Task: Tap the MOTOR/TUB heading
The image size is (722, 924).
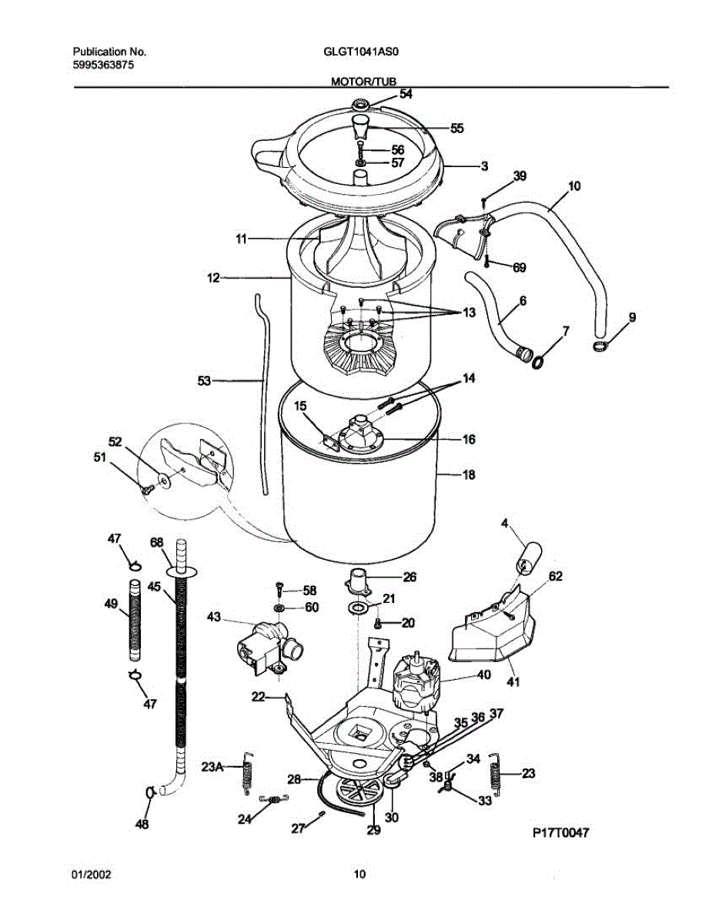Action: coord(363,80)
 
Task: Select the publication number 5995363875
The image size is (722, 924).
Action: coord(104,66)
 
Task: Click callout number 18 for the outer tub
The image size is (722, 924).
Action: coord(468,475)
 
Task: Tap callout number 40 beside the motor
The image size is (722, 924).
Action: coord(483,675)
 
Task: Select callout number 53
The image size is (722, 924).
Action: coord(205,380)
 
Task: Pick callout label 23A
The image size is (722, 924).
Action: coord(212,767)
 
